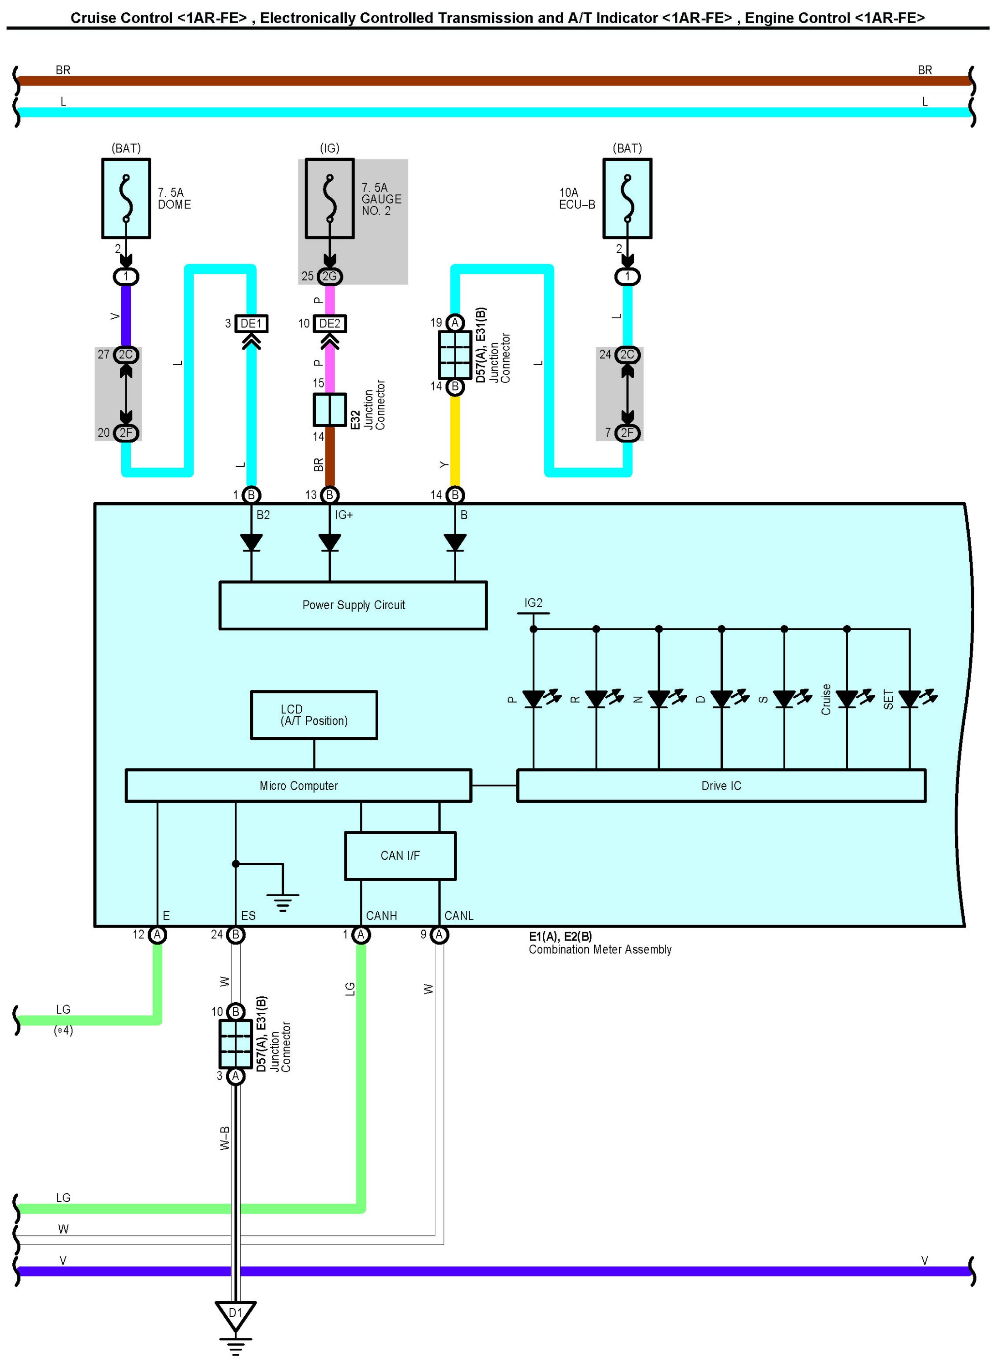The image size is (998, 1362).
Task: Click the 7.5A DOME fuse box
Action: [126, 199]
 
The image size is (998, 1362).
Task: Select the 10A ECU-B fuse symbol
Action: [627, 199]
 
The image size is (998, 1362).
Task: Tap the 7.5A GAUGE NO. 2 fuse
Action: [329, 199]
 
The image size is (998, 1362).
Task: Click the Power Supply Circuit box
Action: [353, 605]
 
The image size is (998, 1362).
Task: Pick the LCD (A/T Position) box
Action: [314, 715]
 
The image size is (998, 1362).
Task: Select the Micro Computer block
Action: [298, 786]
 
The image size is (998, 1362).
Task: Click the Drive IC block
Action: [721, 786]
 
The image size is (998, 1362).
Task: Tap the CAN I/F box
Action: [400, 856]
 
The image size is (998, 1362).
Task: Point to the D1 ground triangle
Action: [236, 1314]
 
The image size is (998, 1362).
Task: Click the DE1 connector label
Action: [251, 324]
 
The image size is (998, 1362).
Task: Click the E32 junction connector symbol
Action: [329, 409]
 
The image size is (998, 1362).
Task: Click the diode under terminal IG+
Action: [329, 542]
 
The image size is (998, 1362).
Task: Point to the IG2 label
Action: [534, 602]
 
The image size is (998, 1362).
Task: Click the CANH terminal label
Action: [381, 915]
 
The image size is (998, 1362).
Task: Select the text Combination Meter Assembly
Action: [600, 949]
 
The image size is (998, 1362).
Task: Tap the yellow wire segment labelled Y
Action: [455, 441]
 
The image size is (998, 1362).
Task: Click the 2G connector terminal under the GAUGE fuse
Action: [329, 276]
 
